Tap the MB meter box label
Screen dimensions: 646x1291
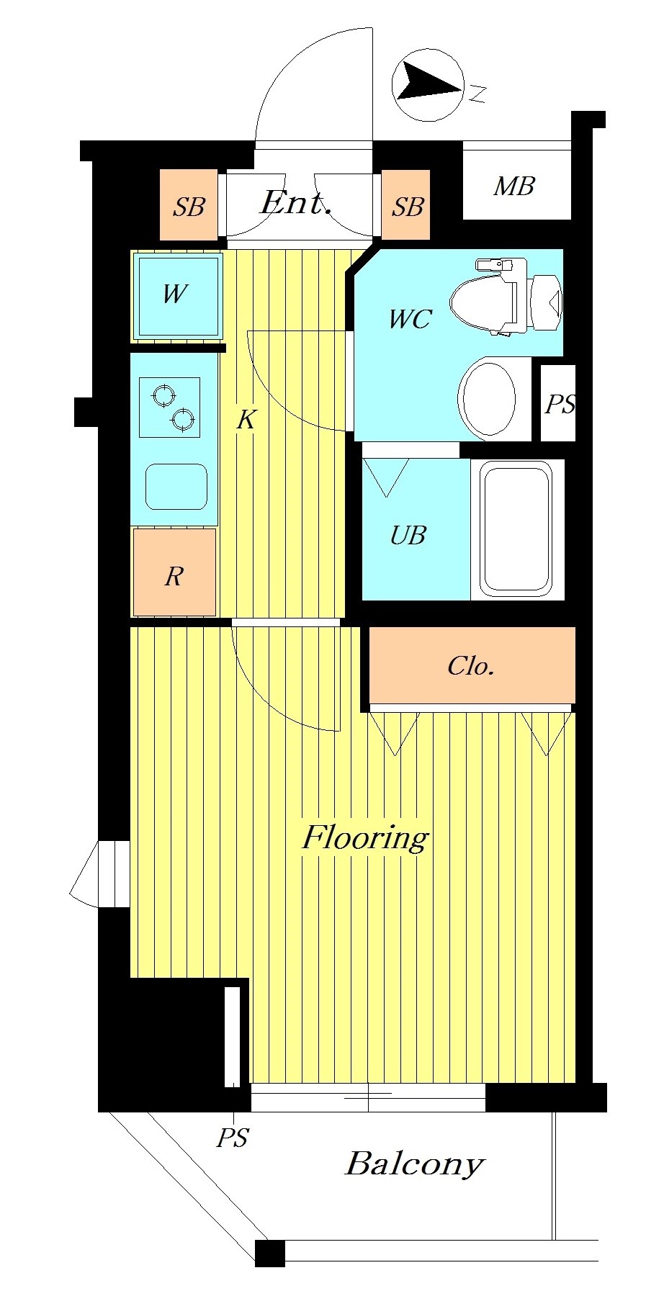(514, 186)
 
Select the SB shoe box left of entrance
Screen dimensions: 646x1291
(189, 204)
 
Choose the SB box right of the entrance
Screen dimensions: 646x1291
(406, 204)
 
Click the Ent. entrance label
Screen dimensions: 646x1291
(296, 202)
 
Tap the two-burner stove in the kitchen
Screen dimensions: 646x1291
(169, 407)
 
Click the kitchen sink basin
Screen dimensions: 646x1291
(176, 487)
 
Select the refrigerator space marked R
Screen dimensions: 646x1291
(174, 572)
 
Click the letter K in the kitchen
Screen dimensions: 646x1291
(246, 419)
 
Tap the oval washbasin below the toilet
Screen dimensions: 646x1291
(488, 398)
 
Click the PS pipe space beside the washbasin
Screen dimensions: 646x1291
(558, 403)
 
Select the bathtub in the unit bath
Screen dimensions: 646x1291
(517, 529)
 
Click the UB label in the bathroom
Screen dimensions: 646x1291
(408, 535)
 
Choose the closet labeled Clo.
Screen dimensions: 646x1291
(472, 665)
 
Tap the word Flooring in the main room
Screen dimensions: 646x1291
(365, 837)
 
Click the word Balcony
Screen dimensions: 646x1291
(415, 1164)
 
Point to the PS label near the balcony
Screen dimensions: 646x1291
(233, 1138)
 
